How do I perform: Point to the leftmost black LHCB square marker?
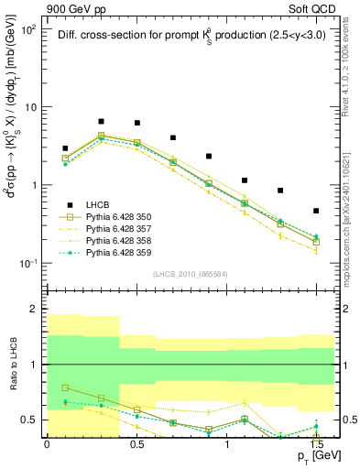(65, 148)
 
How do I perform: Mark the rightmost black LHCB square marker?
(316, 211)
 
